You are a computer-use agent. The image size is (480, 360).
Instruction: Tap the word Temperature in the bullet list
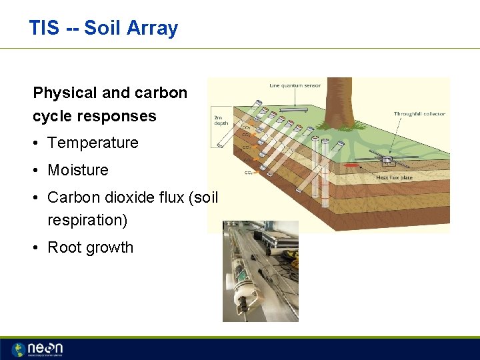coord(93,143)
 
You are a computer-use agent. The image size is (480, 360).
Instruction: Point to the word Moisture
coord(78,170)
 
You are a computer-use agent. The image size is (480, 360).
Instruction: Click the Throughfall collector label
coord(419,114)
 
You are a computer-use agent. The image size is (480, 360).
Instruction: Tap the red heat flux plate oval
coord(352,164)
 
